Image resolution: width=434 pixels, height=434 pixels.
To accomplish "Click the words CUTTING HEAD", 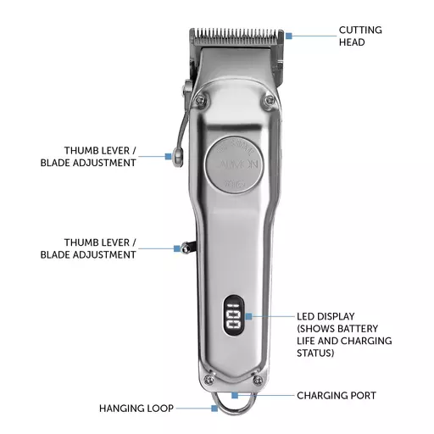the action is tap(360, 36).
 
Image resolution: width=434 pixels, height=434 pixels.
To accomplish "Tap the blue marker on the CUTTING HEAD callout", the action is tap(289, 36).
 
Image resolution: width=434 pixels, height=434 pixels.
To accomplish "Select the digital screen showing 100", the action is tap(234, 316).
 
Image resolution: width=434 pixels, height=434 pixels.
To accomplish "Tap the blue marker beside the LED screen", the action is tap(248, 316).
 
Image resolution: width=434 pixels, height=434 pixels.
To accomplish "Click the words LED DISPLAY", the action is tap(325, 316).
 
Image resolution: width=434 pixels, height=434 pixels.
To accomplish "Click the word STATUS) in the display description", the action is tap(315, 353).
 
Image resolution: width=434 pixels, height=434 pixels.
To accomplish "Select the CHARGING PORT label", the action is tap(337, 395).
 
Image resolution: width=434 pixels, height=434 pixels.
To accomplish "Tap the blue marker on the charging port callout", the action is tap(235, 395).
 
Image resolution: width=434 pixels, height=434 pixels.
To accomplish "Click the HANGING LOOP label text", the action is tap(136, 409).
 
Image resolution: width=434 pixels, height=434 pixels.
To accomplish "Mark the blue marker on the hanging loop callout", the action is tap(214, 408).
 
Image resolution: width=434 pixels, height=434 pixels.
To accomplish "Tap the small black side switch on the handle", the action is tap(187, 248).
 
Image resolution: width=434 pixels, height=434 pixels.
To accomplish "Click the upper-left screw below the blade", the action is tap(201, 99).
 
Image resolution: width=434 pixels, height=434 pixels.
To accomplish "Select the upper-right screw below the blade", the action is tap(270, 99).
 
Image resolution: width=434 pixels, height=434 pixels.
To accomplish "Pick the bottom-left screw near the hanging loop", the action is tap(209, 380).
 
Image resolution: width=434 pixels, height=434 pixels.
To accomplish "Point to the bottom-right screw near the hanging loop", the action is tap(258, 380).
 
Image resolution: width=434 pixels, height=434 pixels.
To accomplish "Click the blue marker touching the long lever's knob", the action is tap(169, 156).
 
